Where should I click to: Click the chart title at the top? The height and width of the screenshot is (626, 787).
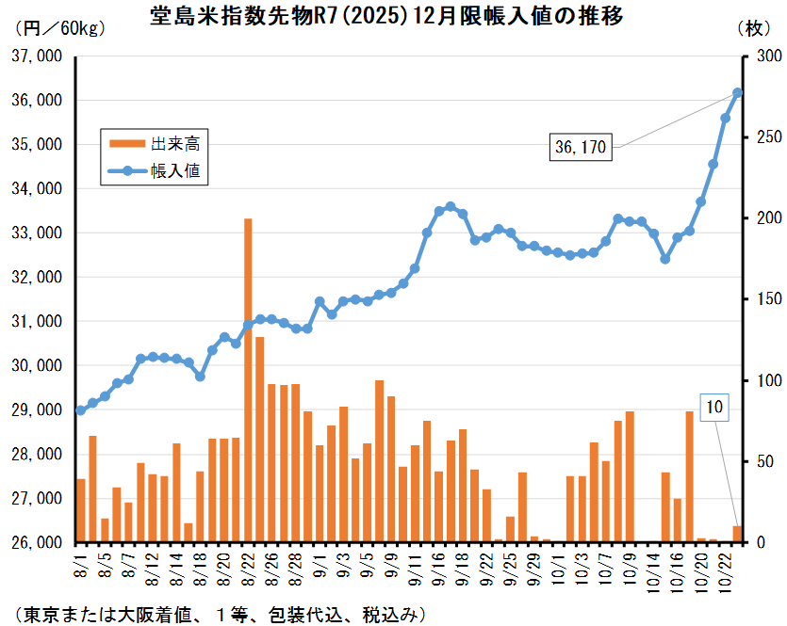point(385,18)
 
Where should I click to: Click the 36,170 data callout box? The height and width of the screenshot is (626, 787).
point(582,147)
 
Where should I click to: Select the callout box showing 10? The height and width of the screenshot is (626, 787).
point(714,408)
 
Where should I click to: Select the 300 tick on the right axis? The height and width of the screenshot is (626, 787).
point(755,56)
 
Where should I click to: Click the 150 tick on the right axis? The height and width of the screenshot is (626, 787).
point(755,299)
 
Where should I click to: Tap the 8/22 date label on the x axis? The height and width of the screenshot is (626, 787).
point(248,569)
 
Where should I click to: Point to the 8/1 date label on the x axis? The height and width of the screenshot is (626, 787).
point(81,565)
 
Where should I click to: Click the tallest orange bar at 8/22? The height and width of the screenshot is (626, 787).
point(248,377)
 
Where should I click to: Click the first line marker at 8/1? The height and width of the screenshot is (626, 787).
point(80,410)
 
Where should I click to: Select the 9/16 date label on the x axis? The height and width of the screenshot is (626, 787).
point(439,569)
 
